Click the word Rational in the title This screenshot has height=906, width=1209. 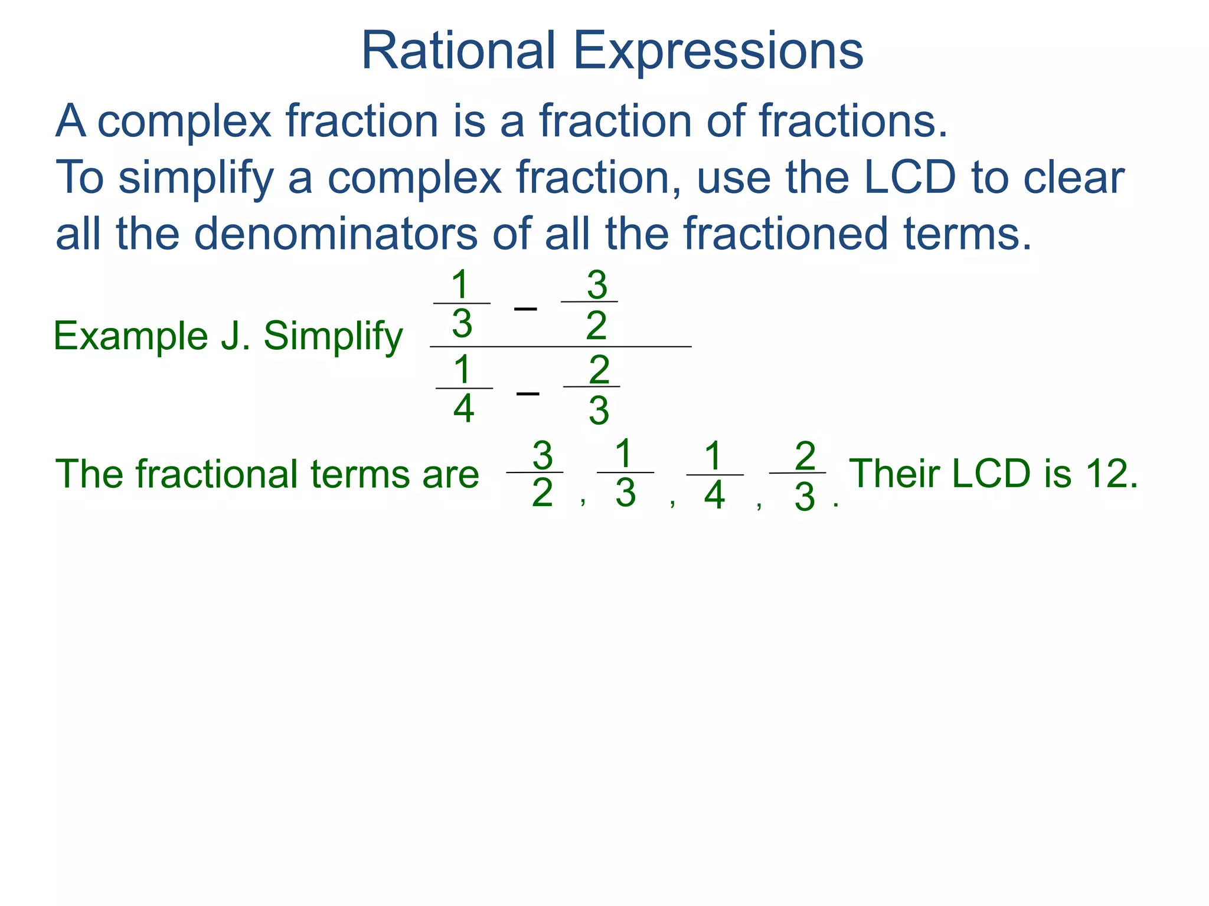tap(458, 51)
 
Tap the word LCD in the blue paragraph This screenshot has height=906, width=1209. tap(909, 178)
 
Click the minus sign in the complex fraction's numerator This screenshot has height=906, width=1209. tap(525, 308)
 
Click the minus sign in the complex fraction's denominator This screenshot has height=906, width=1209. tap(528, 393)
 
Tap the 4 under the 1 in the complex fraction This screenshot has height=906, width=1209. tap(463, 409)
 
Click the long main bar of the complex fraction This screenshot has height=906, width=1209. tap(561, 347)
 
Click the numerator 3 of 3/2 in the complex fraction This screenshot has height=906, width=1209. tap(597, 285)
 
